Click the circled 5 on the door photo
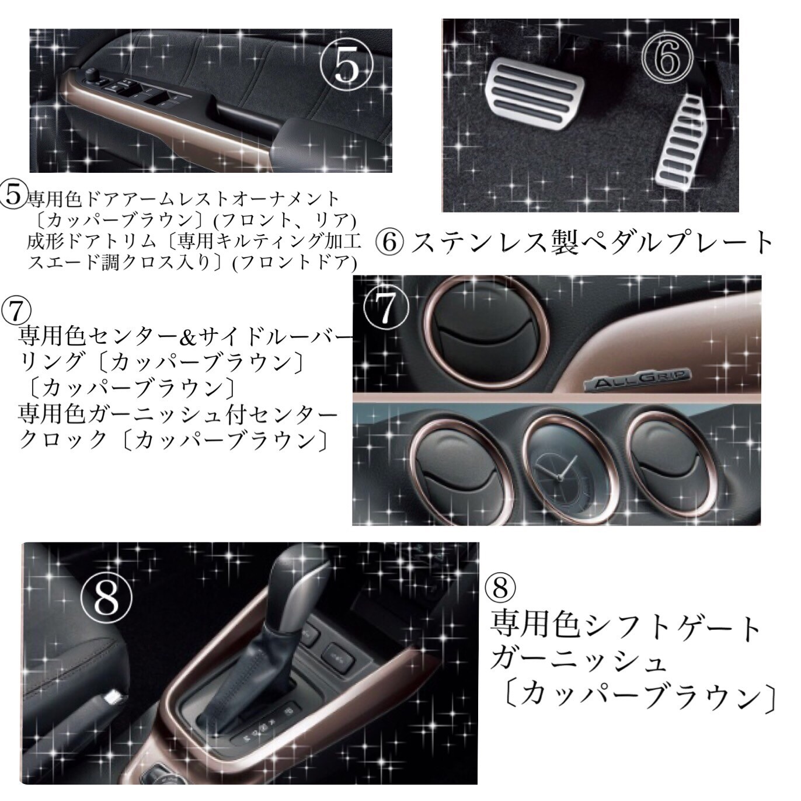347,67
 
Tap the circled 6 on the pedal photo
667,60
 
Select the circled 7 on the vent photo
386,307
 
